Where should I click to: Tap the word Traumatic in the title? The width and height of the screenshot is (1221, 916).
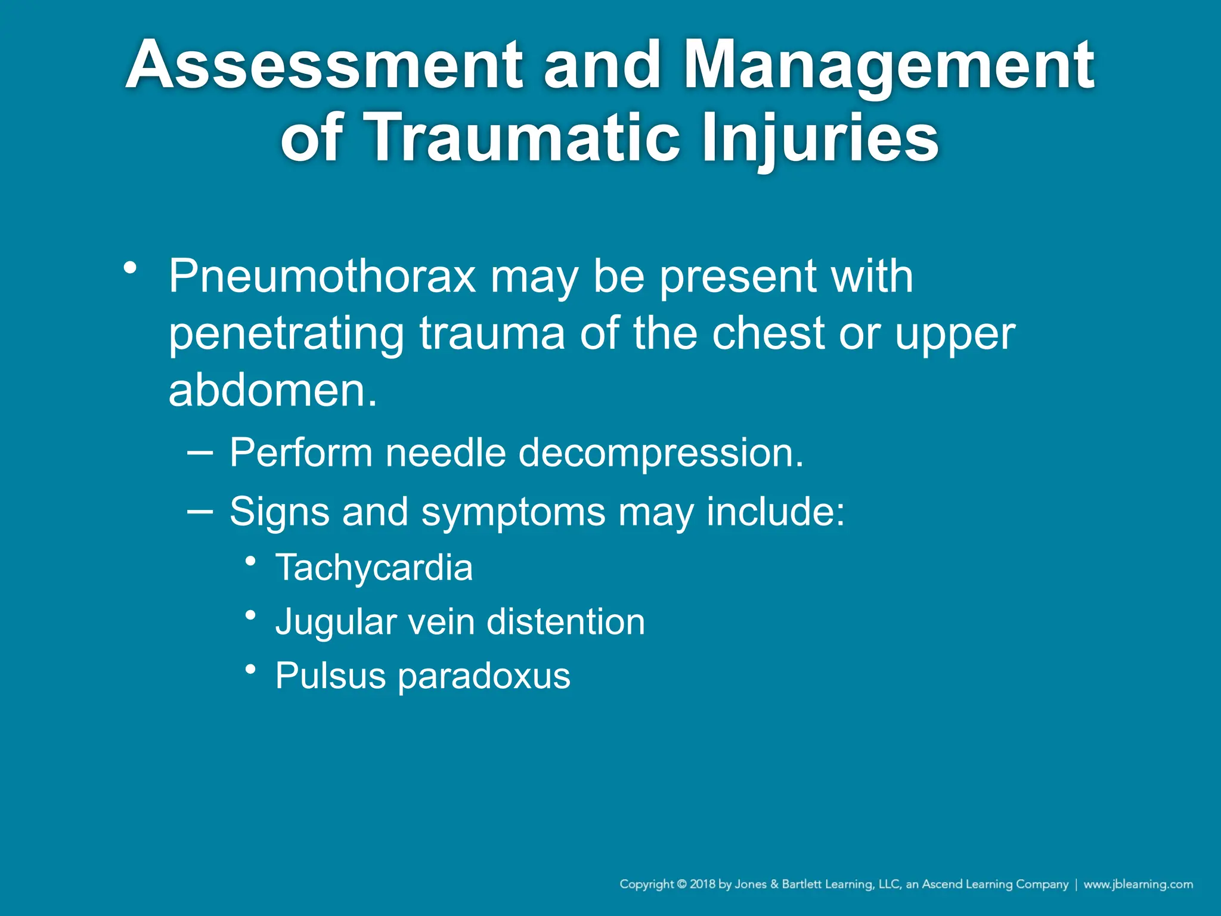click(522, 138)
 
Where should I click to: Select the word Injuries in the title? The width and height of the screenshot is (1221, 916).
click(820, 138)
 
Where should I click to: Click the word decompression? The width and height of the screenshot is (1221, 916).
click(661, 454)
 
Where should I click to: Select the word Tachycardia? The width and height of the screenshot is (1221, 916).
click(374, 568)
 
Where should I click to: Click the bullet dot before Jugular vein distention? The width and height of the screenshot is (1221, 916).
click(251, 615)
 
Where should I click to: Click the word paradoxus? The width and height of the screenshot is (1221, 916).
click(484, 677)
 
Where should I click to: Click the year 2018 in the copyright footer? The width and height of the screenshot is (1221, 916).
click(702, 884)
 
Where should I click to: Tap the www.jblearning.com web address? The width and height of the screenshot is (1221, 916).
click(1138, 884)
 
